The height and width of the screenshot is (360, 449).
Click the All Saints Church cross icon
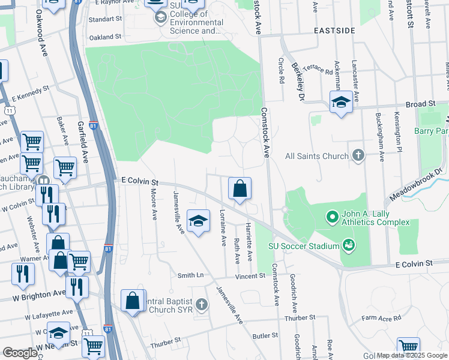[x=358, y=156]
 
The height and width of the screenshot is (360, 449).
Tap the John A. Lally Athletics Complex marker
[x=332, y=215]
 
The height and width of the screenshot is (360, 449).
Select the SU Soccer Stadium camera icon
[x=348, y=244]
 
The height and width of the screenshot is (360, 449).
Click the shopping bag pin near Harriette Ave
[x=240, y=189]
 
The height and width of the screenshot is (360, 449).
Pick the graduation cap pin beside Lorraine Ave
[x=198, y=221]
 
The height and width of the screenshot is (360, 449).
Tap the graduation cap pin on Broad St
[x=340, y=101]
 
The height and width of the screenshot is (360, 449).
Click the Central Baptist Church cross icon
[x=202, y=305]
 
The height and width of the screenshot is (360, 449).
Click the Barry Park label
[x=432, y=130]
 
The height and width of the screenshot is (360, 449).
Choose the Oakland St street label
[x=105, y=37]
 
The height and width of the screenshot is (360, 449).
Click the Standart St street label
[x=105, y=19]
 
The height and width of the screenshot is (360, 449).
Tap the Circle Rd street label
[x=280, y=70]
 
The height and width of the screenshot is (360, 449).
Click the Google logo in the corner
[x=20, y=353]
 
